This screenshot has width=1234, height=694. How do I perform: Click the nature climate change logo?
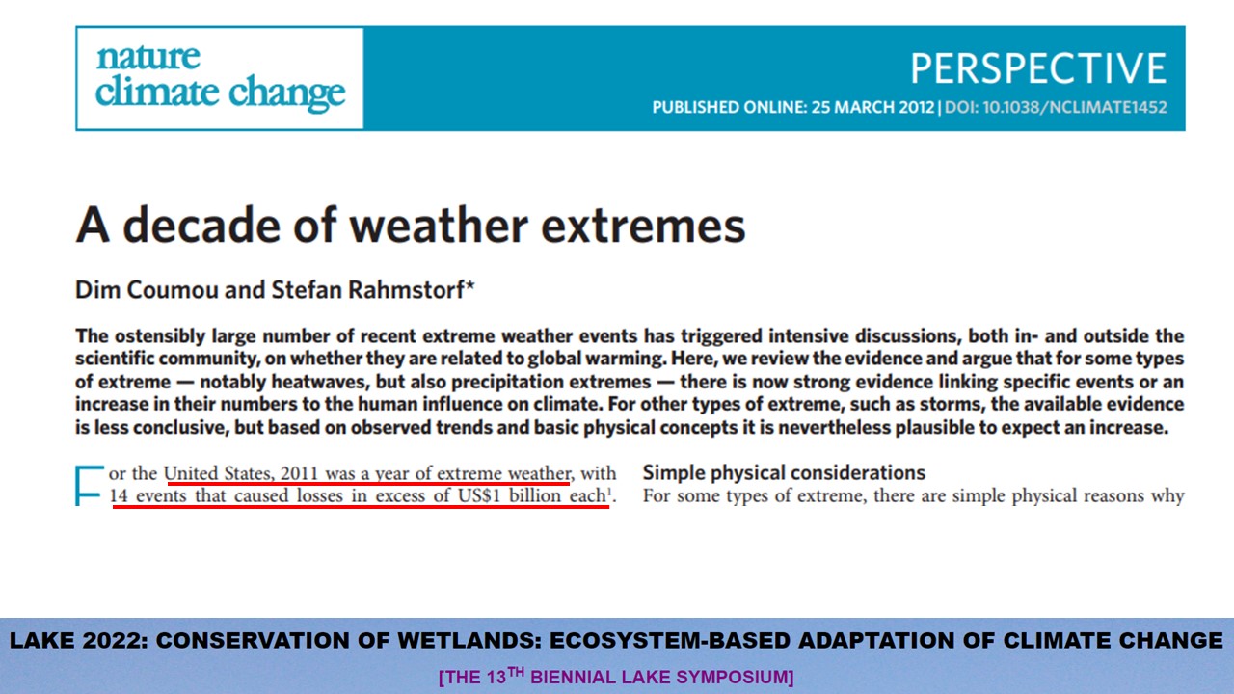[221, 78]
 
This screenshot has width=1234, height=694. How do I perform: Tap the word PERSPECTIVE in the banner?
[1038, 68]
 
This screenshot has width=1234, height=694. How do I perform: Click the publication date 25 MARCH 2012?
[873, 107]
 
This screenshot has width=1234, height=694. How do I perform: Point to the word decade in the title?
[201, 225]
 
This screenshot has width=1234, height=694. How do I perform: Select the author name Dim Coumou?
[147, 290]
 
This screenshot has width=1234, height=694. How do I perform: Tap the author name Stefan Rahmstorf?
[368, 290]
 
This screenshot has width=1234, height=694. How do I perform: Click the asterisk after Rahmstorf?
[469, 285]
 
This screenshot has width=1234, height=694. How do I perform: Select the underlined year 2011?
[300, 473]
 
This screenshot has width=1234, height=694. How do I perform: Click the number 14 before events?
[119, 495]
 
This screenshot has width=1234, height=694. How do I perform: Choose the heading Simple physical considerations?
[784, 472]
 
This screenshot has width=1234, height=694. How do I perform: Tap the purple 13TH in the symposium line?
[505, 676]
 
